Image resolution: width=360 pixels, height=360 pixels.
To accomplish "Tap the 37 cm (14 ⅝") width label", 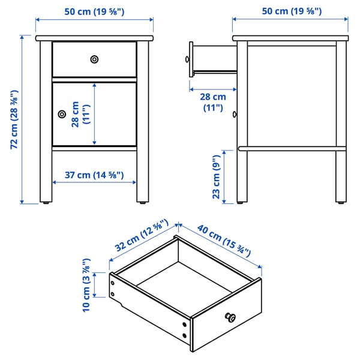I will pos(88,175).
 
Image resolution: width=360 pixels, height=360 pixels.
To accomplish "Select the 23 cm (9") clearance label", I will pos(217,176).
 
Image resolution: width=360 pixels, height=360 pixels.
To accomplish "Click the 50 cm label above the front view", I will pos(94,10).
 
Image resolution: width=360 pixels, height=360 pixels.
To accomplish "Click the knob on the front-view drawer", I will pos(94,59).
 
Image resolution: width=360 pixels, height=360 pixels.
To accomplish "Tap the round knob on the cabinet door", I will pos(61,114).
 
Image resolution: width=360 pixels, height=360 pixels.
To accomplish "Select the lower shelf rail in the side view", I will pos(290,148).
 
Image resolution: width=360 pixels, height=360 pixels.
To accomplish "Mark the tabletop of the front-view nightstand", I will pos(94,38).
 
